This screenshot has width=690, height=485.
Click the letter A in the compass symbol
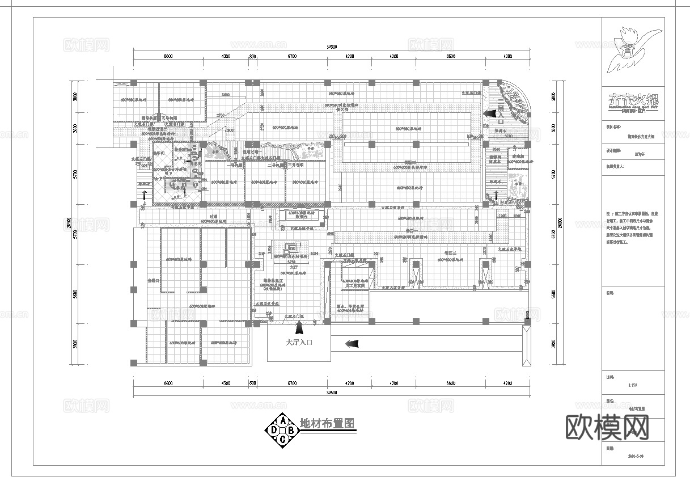click(282, 420)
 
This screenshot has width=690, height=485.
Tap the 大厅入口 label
click(299, 343)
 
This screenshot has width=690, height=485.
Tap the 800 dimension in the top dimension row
click(253, 57)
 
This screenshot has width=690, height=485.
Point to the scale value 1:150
click(633, 385)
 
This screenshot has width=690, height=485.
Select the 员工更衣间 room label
click(355, 286)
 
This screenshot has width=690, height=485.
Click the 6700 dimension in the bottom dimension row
click(292, 383)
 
